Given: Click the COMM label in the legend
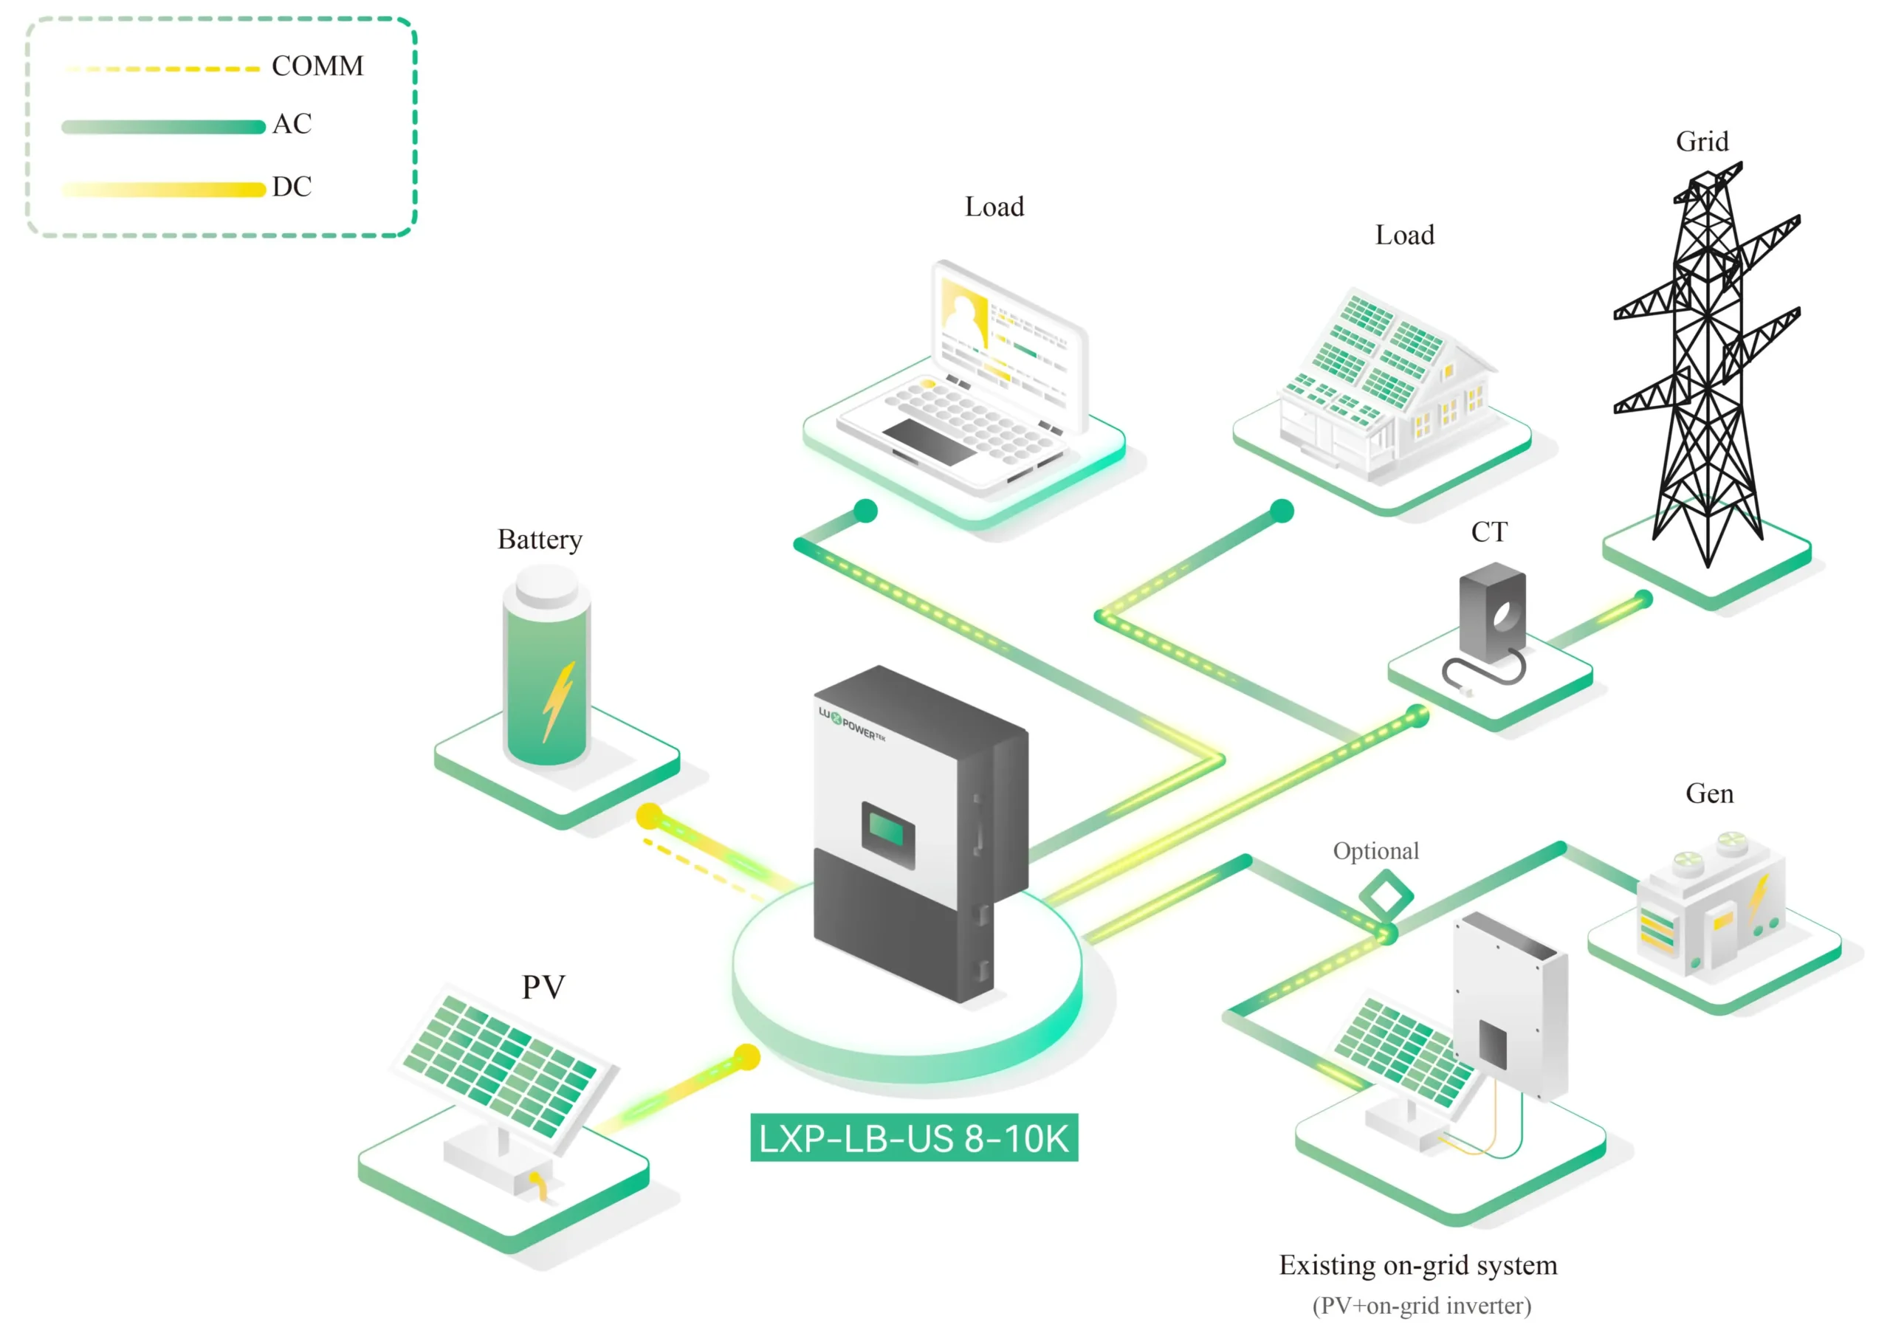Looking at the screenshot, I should [317, 66].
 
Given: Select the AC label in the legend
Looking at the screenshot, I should [292, 124].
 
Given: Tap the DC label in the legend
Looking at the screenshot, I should [292, 187].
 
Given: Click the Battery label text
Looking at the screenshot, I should [539, 540].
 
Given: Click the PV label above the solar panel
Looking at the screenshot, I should [543, 986].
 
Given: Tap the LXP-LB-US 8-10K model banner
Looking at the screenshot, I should [913, 1138].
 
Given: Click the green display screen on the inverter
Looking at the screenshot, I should [887, 831].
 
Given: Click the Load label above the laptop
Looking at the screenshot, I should [994, 207].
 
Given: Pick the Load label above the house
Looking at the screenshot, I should [1404, 235].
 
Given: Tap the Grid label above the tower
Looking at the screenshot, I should [1702, 142].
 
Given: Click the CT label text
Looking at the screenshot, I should [1489, 533].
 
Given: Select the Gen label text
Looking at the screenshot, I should [1709, 793].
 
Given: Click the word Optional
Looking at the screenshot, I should [1375, 851].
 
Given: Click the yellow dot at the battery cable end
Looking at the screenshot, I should [650, 816].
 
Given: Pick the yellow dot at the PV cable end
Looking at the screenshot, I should [746, 1057].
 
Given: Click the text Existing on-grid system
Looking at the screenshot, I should [1417, 1265].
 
